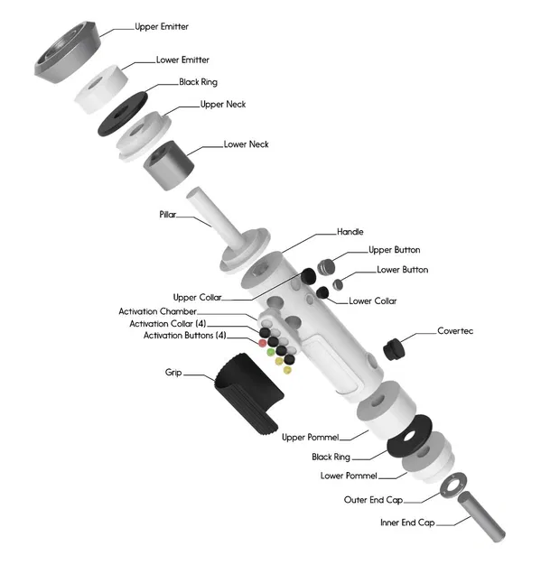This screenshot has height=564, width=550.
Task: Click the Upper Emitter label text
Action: click(x=162, y=27)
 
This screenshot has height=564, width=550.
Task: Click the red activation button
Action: click(x=262, y=344)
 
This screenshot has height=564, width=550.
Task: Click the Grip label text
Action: click(x=173, y=372)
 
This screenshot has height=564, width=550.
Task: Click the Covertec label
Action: click(x=455, y=331)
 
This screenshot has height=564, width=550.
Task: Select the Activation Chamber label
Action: click(x=158, y=311)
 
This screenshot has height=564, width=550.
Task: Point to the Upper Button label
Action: click(x=394, y=250)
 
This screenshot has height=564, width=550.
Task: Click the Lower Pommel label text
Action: click(x=349, y=476)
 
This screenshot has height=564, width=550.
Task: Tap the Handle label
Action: click(x=350, y=232)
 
